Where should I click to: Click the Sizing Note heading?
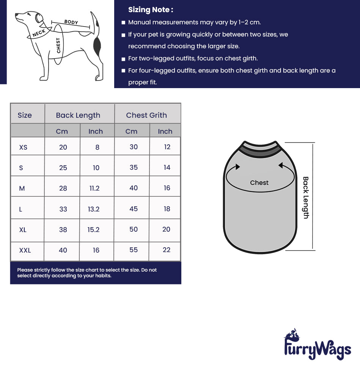[x=151, y=10]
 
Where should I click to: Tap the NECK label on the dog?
[x=39, y=33]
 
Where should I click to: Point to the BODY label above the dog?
[x=71, y=22]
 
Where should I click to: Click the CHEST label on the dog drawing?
[x=58, y=45]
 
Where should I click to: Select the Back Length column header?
[x=78, y=115]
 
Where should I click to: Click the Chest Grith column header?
[x=146, y=115]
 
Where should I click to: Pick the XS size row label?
[x=24, y=147]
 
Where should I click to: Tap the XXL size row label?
[x=25, y=250]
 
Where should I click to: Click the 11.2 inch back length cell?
[x=94, y=188]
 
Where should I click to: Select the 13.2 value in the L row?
[x=94, y=209]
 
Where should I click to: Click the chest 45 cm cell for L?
[x=134, y=209]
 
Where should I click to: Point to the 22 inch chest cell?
[x=167, y=250]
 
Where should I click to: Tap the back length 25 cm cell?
[x=63, y=167]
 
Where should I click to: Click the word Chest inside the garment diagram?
[x=259, y=183]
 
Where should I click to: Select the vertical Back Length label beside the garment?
[x=306, y=198]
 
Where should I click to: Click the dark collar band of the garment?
[x=260, y=153]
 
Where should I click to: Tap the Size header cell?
[x=25, y=115]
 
